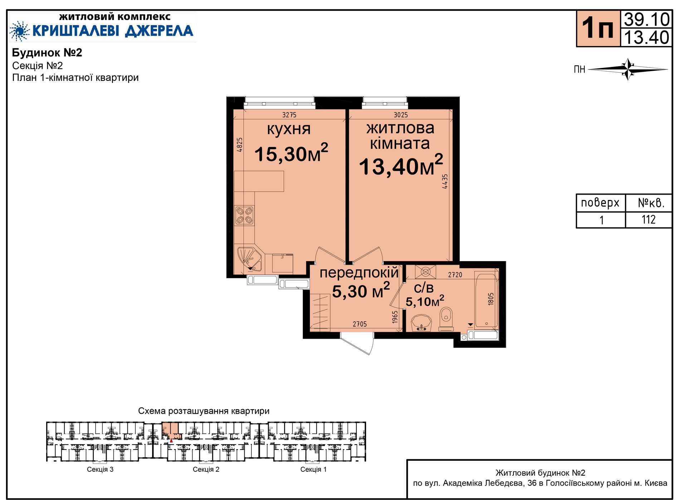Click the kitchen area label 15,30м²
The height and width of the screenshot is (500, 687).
[x=291, y=153]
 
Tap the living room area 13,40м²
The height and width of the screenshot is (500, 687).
[x=401, y=165]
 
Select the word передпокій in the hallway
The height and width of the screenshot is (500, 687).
[x=359, y=273]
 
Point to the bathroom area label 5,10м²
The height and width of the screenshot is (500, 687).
[x=425, y=301]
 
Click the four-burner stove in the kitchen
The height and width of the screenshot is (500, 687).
[x=244, y=215]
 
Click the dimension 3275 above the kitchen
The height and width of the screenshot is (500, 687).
[x=289, y=115]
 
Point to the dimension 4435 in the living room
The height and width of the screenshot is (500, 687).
[x=445, y=181]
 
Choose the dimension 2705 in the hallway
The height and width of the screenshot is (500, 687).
[x=360, y=324]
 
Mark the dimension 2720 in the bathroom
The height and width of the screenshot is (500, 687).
[x=455, y=275]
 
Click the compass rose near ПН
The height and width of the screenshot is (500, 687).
[x=628, y=69]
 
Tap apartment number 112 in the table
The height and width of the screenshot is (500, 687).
[x=648, y=220]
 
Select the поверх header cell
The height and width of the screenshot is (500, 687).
[x=600, y=203]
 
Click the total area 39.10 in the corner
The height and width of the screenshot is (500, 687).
[x=647, y=20]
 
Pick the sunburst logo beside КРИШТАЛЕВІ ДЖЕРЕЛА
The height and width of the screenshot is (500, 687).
[x=20, y=31]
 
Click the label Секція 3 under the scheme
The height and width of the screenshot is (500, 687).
[x=100, y=469]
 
